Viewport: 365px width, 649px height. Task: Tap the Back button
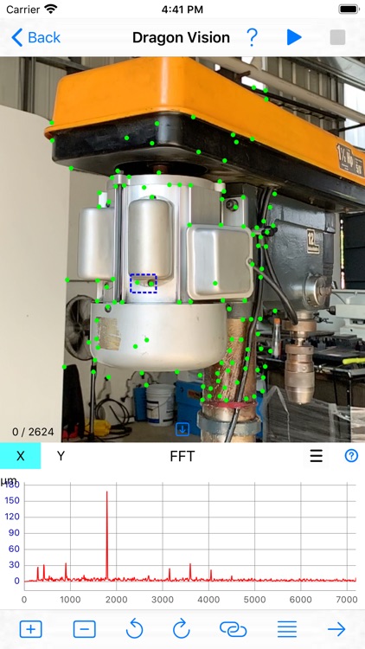click(x=35, y=38)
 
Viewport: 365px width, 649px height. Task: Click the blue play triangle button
click(x=294, y=37)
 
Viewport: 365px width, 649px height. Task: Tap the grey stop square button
click(x=337, y=37)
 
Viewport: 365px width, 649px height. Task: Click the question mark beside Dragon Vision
click(x=252, y=37)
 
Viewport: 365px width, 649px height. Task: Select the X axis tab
click(x=20, y=456)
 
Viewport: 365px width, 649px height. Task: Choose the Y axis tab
click(x=61, y=456)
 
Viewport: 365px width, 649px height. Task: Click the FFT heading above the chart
click(x=182, y=456)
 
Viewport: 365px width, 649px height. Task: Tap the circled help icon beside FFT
click(x=351, y=456)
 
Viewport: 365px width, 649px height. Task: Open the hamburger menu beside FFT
click(x=317, y=456)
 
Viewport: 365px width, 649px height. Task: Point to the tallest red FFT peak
click(x=106, y=492)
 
